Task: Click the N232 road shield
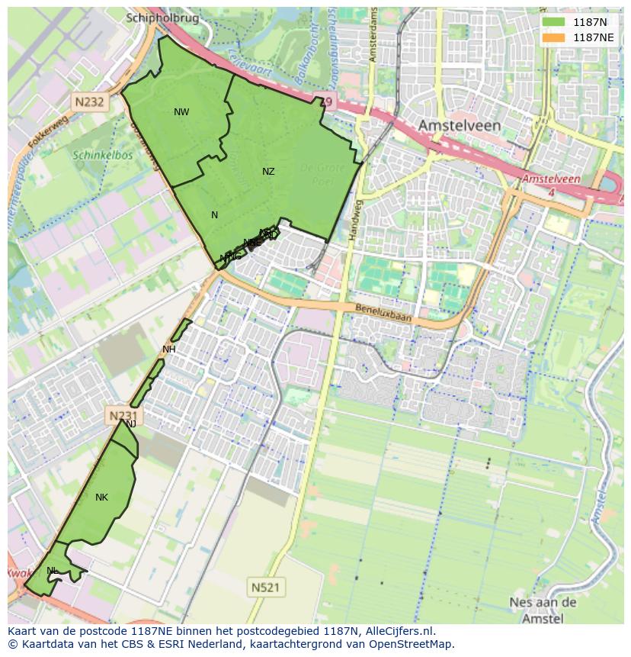[89, 101]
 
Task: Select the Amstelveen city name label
[459, 124]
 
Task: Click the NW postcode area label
[181, 112]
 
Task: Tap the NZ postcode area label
[268, 172]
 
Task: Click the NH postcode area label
[169, 349]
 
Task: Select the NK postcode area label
[101, 498]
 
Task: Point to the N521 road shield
[264, 587]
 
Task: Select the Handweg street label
[353, 221]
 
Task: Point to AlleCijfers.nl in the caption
[397, 631]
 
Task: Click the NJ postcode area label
[131, 424]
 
